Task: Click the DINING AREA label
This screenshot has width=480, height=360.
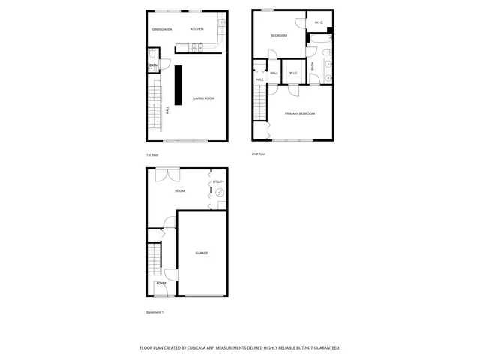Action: pos(163,29)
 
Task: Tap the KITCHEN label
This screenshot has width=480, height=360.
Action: pos(197,29)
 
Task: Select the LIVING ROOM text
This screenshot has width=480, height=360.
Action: pos(204,98)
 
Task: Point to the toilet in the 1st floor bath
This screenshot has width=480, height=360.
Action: pos(152,55)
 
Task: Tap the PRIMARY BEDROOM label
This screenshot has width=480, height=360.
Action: pos(299,113)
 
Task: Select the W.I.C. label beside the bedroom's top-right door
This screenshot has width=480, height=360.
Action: pos(318,22)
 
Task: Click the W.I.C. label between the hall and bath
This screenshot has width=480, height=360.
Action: pos(293,73)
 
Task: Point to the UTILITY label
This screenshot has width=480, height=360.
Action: pos(218,181)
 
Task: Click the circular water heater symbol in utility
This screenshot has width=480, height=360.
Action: pos(220,193)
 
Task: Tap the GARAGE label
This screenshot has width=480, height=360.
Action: pos(202,253)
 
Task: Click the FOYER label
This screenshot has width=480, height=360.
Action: pos(161,283)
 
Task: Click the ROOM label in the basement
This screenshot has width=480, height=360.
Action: pos(180,191)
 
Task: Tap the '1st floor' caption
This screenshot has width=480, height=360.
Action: pos(152,155)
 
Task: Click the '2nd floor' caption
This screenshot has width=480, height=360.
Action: pos(259,154)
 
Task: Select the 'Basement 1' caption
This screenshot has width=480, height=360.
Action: pos(154,312)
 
